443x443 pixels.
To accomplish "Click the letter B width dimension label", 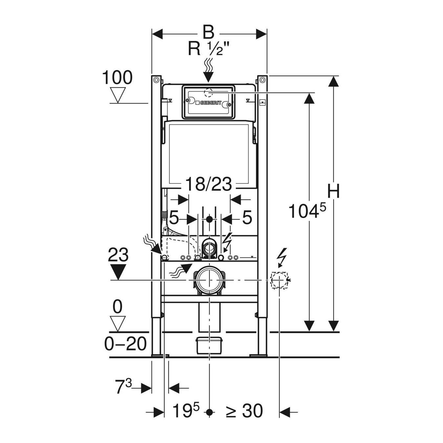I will tap(209, 33).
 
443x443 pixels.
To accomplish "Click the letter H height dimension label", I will tap(334, 191).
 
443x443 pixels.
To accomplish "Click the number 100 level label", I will tap(117, 78).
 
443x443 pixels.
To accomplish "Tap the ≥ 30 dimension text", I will tap(244, 411).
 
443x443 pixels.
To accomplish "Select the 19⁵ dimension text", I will tap(186, 411).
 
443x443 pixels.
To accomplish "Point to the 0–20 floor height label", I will tap(125, 344).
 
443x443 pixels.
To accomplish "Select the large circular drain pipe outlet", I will tap(209, 280).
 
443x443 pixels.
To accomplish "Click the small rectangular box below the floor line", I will tap(209, 345).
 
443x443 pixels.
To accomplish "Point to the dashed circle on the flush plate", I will tap(209, 93).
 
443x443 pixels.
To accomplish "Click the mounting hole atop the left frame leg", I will tap(156, 79).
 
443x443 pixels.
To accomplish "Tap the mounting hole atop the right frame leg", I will tap(262, 79).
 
